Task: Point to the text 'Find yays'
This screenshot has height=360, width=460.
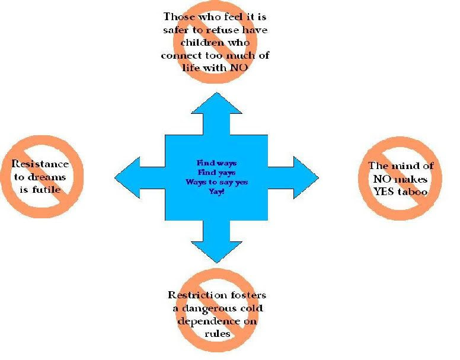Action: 216,172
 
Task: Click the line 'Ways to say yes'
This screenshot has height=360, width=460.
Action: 216,182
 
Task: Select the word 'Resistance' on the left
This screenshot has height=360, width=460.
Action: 40,164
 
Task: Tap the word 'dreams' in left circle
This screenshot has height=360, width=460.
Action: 47,177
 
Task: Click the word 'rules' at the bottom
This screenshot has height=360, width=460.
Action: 217,333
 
